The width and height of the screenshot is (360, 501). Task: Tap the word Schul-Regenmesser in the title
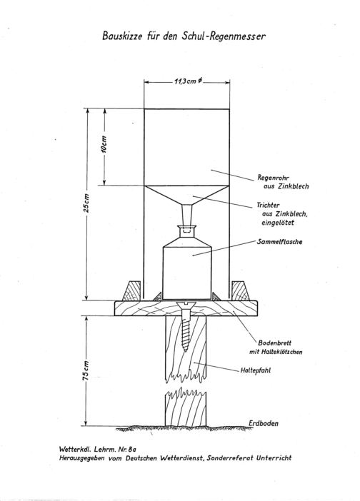point(224,36)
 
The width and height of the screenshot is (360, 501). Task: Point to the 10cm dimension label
point(105,144)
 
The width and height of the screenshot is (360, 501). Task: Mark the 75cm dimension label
point(86,370)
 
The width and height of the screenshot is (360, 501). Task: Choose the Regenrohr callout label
point(283,182)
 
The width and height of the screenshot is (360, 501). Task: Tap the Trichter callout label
point(282,214)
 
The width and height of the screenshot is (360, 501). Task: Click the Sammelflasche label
point(279,241)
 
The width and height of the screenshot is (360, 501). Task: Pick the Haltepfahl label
point(256,371)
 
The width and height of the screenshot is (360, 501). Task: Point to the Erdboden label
point(264,423)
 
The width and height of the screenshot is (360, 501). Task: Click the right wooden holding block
point(241,290)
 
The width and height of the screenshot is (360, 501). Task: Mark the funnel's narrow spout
point(187,216)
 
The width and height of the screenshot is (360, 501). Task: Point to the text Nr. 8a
point(127,449)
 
